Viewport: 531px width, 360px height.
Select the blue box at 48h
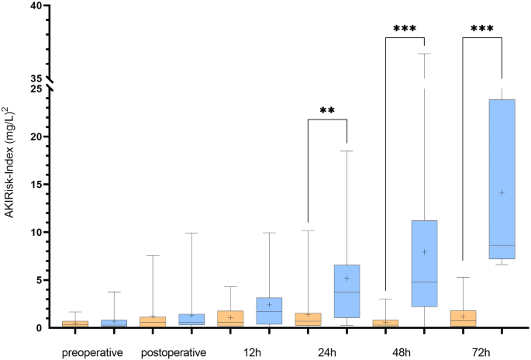(x=424, y=264)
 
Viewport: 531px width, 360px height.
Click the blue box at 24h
(x=347, y=291)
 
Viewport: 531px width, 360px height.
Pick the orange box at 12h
(x=231, y=318)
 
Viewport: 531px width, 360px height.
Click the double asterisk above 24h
(x=327, y=111)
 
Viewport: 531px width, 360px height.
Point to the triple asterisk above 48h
(x=405, y=29)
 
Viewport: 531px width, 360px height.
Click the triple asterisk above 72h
(x=482, y=29)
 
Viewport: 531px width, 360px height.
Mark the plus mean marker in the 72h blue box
(x=502, y=192)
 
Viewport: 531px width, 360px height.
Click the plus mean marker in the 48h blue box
(x=424, y=251)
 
